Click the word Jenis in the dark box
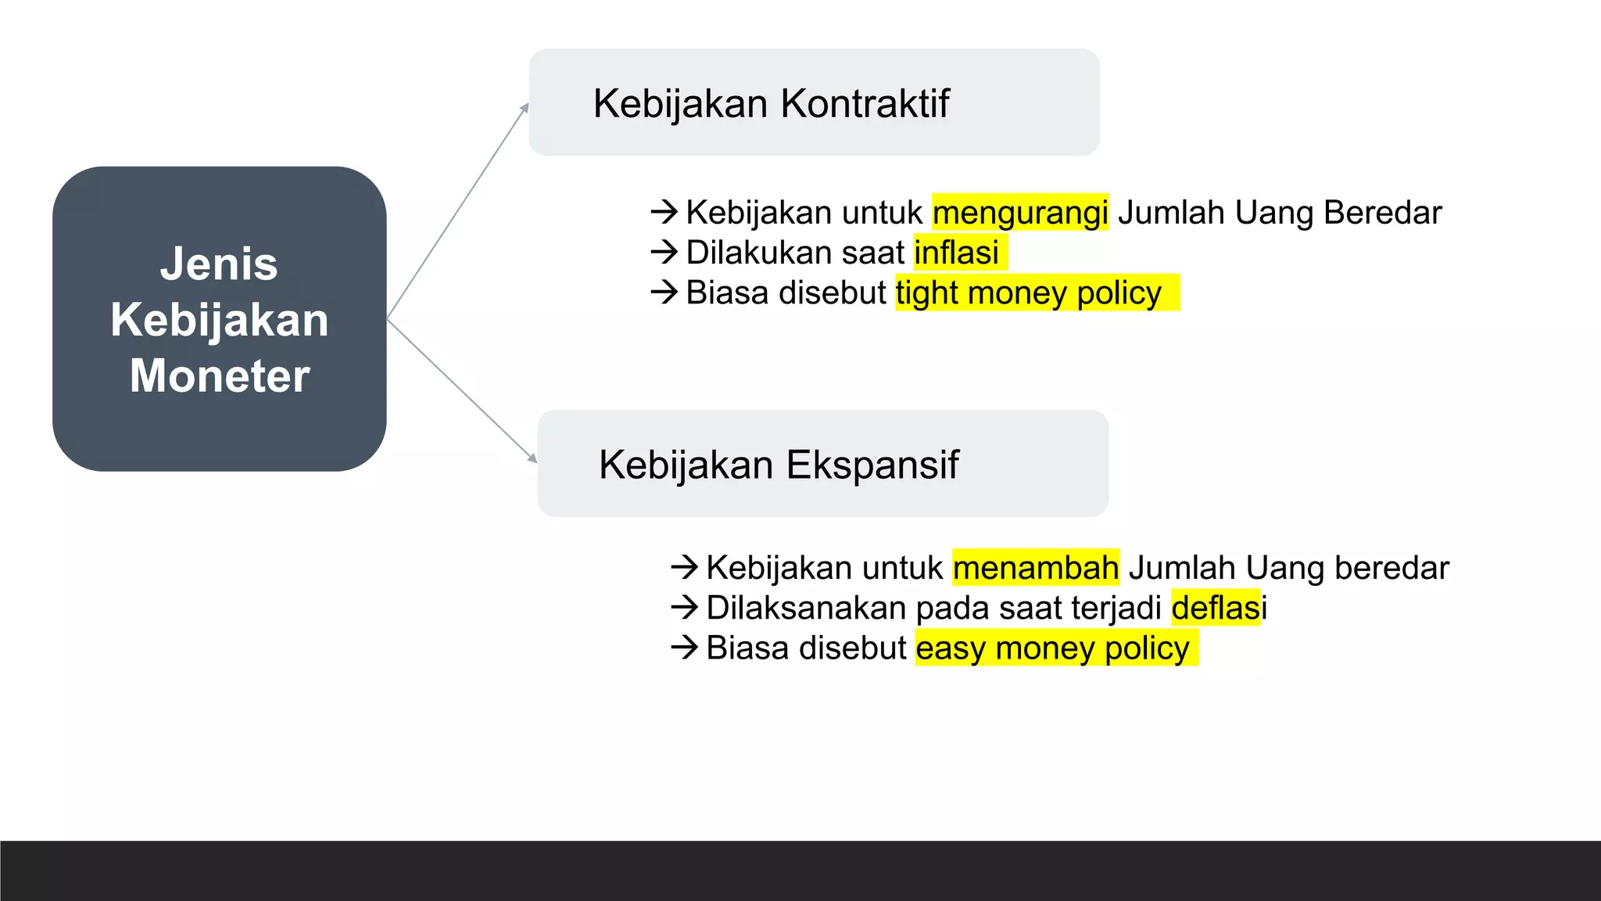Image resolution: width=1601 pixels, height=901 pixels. tap(219, 264)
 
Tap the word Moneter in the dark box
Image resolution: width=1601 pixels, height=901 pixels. tap(220, 376)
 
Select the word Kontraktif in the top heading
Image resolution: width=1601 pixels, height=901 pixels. tap(865, 104)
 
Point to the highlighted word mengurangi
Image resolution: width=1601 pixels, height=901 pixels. tap(1020, 213)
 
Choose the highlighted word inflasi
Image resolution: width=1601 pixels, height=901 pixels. tap(956, 253)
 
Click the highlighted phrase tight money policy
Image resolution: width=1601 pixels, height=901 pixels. tap(1028, 293)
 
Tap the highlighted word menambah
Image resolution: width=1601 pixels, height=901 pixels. tap(1036, 568)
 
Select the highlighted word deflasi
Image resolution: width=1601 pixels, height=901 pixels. tap(1216, 608)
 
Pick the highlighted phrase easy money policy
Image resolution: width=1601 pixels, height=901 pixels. tap(1052, 648)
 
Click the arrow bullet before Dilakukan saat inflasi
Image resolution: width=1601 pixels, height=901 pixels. tap(664, 252)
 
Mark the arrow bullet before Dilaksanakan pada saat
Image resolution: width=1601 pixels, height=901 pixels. tap(684, 607)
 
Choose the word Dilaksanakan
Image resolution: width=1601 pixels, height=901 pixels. tap(806, 608)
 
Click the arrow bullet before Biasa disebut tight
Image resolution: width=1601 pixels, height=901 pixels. tap(664, 293)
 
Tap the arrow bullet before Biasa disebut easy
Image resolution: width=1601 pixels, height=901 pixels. tap(684, 648)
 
